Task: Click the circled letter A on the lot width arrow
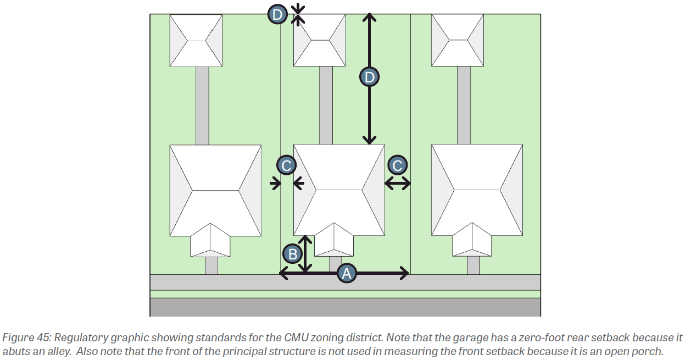tap(346, 273)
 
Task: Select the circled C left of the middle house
tap(286, 165)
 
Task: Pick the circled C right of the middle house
tap(398, 165)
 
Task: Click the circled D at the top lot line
tap(277, 14)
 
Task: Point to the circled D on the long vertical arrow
tap(369, 77)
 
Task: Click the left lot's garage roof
tap(196, 40)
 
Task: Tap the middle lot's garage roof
tap(319, 40)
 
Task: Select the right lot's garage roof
tap(458, 40)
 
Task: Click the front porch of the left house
tap(210, 241)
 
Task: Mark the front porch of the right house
tap(471, 241)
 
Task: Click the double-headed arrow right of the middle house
tap(397, 184)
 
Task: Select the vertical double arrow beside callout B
tap(305, 254)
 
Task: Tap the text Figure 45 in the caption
tap(23, 337)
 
